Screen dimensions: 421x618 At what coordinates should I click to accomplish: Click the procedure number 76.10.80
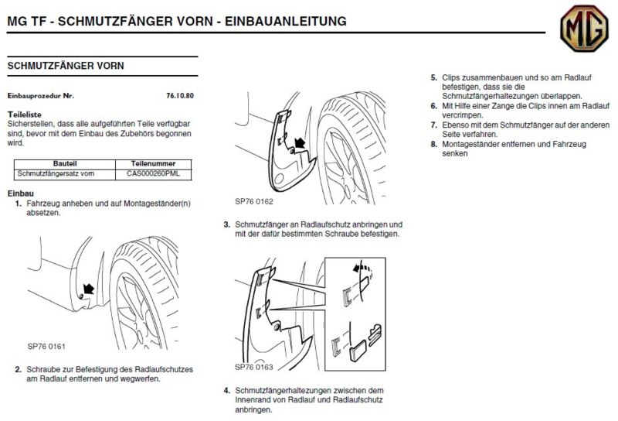coord(180,96)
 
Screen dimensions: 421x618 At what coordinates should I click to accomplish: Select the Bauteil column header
coord(65,164)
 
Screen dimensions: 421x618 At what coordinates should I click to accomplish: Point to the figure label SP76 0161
coord(47,347)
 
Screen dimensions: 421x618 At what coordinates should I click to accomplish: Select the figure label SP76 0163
coord(254,366)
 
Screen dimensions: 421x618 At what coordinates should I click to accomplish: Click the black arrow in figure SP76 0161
coord(89,289)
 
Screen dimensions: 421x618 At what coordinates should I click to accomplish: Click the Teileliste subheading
coord(24,112)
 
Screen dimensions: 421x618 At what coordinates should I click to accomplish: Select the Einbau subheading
coord(19,192)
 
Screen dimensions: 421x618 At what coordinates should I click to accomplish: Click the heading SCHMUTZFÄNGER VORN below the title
coord(65,67)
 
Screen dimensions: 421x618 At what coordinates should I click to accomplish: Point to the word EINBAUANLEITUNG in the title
coord(283,20)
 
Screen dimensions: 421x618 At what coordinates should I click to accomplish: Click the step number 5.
coord(433,78)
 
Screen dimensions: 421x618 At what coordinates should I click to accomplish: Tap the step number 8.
coord(433,144)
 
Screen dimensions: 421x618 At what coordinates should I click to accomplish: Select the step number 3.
coord(226,224)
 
